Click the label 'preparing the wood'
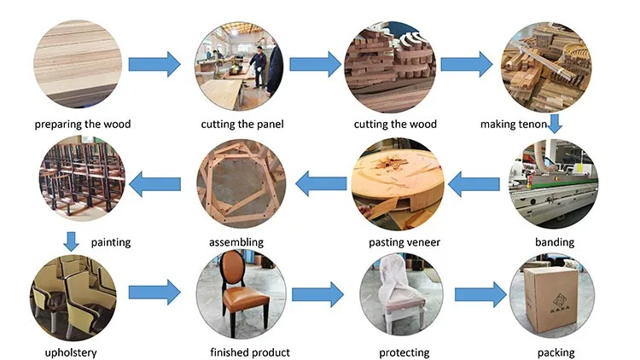click(x=83, y=124)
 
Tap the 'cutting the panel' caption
click(x=242, y=124)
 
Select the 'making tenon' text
click(x=514, y=124)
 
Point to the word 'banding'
click(x=555, y=242)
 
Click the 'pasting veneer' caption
click(x=404, y=242)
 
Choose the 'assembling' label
click(x=236, y=242)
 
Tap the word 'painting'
click(x=111, y=242)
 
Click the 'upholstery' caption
click(x=71, y=352)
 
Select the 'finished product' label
click(x=250, y=352)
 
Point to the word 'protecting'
click(x=404, y=352)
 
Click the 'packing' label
click(x=556, y=352)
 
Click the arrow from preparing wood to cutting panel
click(x=154, y=64)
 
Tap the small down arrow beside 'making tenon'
click(x=555, y=123)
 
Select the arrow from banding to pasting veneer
click(x=474, y=184)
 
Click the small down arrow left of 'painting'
click(x=71, y=241)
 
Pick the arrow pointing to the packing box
click(x=480, y=294)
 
